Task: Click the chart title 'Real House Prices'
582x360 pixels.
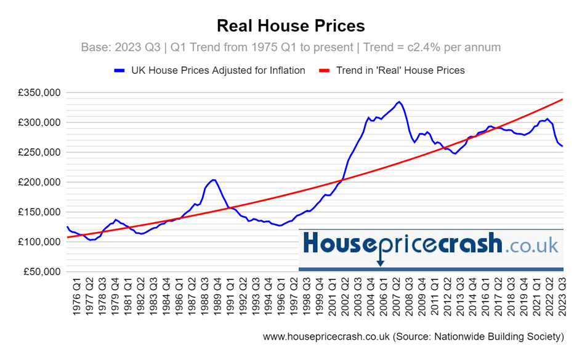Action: coord(291,25)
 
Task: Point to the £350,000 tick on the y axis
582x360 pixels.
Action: coord(38,93)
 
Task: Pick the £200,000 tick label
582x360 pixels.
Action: coord(38,183)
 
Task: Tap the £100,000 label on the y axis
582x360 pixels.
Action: coord(38,242)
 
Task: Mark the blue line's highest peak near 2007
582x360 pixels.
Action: coord(399,102)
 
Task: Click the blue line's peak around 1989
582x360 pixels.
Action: coord(213,180)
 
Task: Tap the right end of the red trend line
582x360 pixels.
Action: coord(563,99)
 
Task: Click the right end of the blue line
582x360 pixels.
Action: coord(563,146)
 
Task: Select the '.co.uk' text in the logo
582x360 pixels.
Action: coord(531,247)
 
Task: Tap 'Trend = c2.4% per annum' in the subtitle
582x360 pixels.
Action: coord(432,47)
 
